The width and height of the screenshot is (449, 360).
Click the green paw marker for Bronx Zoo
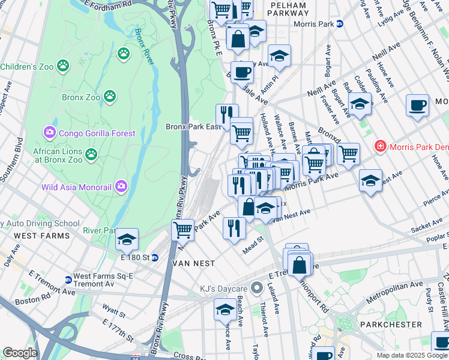(110, 96)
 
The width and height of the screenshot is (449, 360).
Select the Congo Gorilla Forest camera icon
(49, 131)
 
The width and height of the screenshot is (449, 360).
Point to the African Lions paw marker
(91, 154)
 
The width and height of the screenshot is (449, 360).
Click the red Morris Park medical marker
(379, 146)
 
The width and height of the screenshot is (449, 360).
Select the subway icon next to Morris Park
(339, 24)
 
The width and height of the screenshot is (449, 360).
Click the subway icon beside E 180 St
(155, 258)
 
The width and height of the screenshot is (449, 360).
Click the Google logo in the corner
(20, 353)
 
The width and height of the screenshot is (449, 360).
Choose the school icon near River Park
(127, 239)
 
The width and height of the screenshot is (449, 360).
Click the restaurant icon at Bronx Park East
(227, 113)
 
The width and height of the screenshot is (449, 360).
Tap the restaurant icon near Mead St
(234, 227)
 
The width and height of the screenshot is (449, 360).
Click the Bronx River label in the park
(143, 42)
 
